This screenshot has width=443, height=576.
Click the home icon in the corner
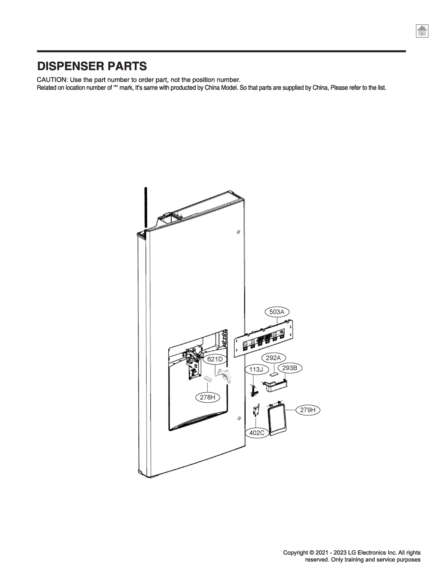(422, 31)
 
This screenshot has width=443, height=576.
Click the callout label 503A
(277, 312)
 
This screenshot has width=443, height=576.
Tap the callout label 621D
(215, 359)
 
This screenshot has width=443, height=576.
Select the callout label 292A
(273, 358)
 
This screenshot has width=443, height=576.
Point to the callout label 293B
(290, 368)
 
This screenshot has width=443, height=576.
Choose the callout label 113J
(256, 370)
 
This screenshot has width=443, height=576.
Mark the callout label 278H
(207, 397)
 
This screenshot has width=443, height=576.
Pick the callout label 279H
(308, 410)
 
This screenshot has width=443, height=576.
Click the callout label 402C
(257, 433)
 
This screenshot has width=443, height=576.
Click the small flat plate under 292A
(274, 374)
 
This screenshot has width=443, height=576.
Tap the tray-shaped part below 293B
(275, 386)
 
